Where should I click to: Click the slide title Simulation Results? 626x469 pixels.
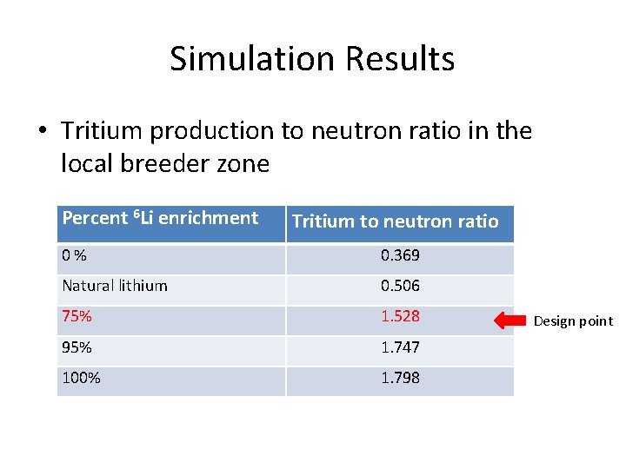point(312,59)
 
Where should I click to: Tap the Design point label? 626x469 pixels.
point(573,321)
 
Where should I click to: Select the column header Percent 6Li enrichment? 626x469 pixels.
point(160,219)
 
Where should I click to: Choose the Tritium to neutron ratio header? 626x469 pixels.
point(396,221)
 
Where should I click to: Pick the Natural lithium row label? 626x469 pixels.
point(115,286)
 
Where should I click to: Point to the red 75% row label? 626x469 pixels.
point(77,316)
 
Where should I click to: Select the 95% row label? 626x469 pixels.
point(77,347)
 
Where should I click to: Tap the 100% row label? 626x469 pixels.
point(81,378)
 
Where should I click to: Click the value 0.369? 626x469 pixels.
point(400,256)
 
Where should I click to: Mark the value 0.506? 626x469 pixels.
point(400,286)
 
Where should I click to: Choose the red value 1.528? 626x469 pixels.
point(400,316)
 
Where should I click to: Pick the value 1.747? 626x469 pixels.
point(400,347)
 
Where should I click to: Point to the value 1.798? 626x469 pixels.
point(400,378)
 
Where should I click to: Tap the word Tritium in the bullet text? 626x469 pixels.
point(103,131)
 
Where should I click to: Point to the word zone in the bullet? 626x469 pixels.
point(248,163)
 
